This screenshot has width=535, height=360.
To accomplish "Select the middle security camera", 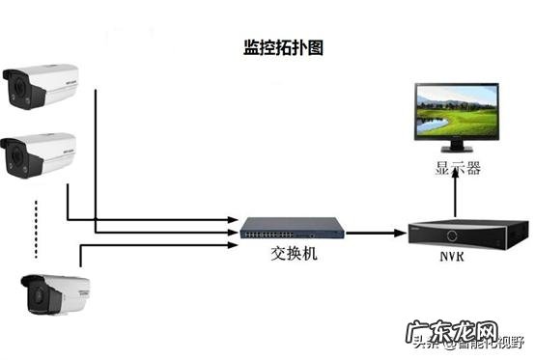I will point(39,152).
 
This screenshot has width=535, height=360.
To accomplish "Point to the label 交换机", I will point(293,259).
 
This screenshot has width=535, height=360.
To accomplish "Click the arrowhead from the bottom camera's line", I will point(234,244).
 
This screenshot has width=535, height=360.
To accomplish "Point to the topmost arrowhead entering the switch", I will point(234,219).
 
